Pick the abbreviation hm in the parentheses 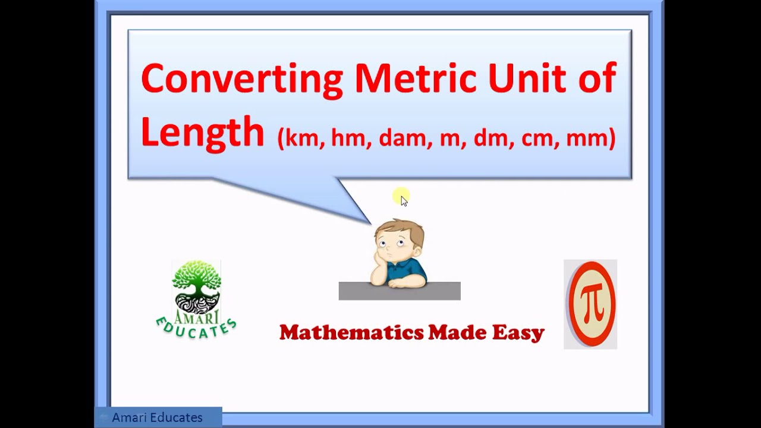click(348, 138)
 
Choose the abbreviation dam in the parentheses click(402, 138)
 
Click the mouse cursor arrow click(404, 201)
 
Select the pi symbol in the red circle click(590, 304)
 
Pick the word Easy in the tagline click(518, 332)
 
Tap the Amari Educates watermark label click(158, 417)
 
